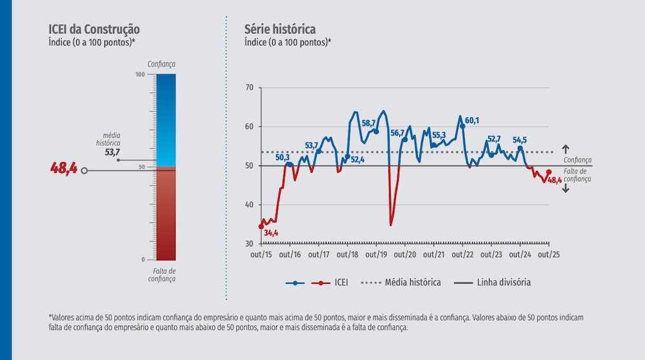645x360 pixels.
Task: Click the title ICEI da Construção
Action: (94, 30)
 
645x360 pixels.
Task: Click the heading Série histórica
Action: (280, 30)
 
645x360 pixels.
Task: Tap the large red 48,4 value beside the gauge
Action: (64, 169)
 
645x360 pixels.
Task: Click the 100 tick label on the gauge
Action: (140, 75)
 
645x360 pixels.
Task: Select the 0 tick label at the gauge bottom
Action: (143, 259)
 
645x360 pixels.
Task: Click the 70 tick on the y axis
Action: (250, 86)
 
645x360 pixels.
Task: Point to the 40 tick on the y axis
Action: (250, 205)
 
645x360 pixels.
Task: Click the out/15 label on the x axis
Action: (261, 255)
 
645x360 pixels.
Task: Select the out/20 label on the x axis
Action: (405, 255)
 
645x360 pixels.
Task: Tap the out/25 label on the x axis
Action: (549, 255)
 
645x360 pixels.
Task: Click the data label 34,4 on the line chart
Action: (271, 232)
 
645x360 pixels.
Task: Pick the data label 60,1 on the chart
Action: (472, 121)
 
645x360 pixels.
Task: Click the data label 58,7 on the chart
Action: (369, 123)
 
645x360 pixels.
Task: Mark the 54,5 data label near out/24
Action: (520, 139)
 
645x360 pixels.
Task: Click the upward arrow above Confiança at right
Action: (566, 148)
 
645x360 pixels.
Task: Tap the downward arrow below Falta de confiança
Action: (566, 188)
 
